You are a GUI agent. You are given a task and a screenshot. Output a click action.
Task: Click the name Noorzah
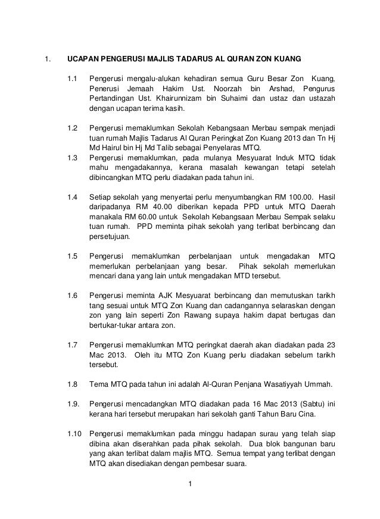point(222,89)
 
